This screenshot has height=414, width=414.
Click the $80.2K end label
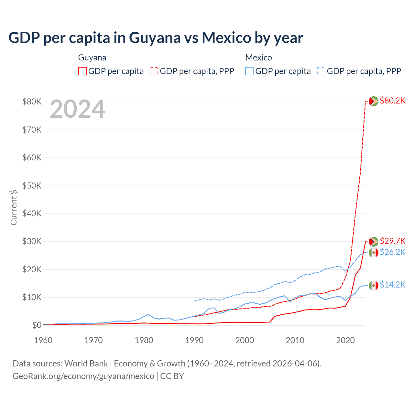(x=392, y=101)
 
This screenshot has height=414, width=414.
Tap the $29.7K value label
(x=392, y=241)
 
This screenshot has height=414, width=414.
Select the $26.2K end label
(x=392, y=252)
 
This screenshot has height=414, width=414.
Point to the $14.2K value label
(x=392, y=285)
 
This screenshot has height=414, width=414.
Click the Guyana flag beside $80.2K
(x=374, y=101)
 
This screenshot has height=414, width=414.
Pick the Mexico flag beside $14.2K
(x=374, y=285)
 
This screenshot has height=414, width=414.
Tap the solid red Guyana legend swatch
(x=82, y=71)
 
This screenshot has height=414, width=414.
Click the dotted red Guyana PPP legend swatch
(x=154, y=71)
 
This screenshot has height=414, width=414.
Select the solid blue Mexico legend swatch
(x=249, y=71)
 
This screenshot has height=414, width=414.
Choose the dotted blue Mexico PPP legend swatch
(x=321, y=71)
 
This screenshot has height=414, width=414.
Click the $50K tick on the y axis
(x=32, y=186)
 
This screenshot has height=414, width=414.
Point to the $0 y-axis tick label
(x=37, y=325)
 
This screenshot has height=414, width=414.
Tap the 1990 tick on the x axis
(x=194, y=340)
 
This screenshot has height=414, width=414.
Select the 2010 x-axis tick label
(x=295, y=340)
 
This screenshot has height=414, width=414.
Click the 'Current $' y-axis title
(x=14, y=207)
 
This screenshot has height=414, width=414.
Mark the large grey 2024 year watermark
(x=78, y=109)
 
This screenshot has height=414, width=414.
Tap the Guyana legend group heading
(x=92, y=58)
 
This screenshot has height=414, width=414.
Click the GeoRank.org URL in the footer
(x=83, y=376)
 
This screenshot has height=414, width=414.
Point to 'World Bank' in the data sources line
(x=86, y=364)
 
